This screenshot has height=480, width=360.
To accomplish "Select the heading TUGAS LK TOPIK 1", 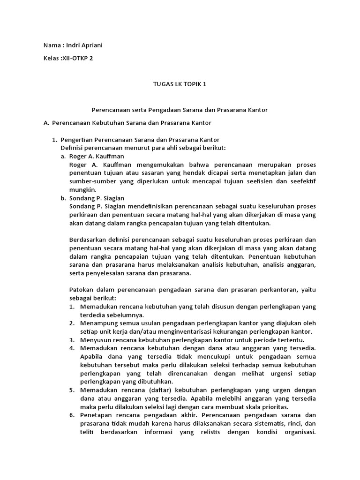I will (180, 84).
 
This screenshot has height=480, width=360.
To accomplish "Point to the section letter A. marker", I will (46, 123).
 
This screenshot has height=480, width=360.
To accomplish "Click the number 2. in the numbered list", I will (72, 323).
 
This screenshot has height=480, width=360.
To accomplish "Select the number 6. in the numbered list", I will (72, 415).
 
